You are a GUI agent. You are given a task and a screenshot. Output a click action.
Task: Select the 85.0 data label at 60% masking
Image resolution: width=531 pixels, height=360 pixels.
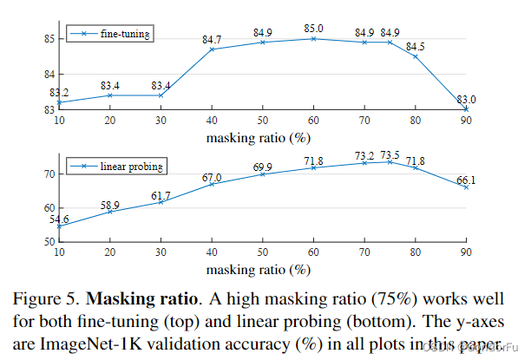(x=313, y=28)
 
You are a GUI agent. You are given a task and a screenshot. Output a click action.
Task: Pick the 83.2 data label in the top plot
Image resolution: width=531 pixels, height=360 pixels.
(x=60, y=92)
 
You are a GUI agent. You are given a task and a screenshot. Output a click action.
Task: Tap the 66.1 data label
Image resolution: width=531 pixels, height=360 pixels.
(x=468, y=179)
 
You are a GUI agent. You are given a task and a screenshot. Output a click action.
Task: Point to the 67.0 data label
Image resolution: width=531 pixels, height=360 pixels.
(x=213, y=177)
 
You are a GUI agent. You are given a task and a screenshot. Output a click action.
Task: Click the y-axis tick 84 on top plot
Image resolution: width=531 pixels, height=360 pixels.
(x=48, y=74)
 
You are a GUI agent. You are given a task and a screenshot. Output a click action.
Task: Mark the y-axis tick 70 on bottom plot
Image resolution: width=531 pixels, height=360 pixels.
(x=48, y=174)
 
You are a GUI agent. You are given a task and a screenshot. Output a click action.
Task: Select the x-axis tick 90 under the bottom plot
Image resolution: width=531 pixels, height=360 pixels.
(x=465, y=252)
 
